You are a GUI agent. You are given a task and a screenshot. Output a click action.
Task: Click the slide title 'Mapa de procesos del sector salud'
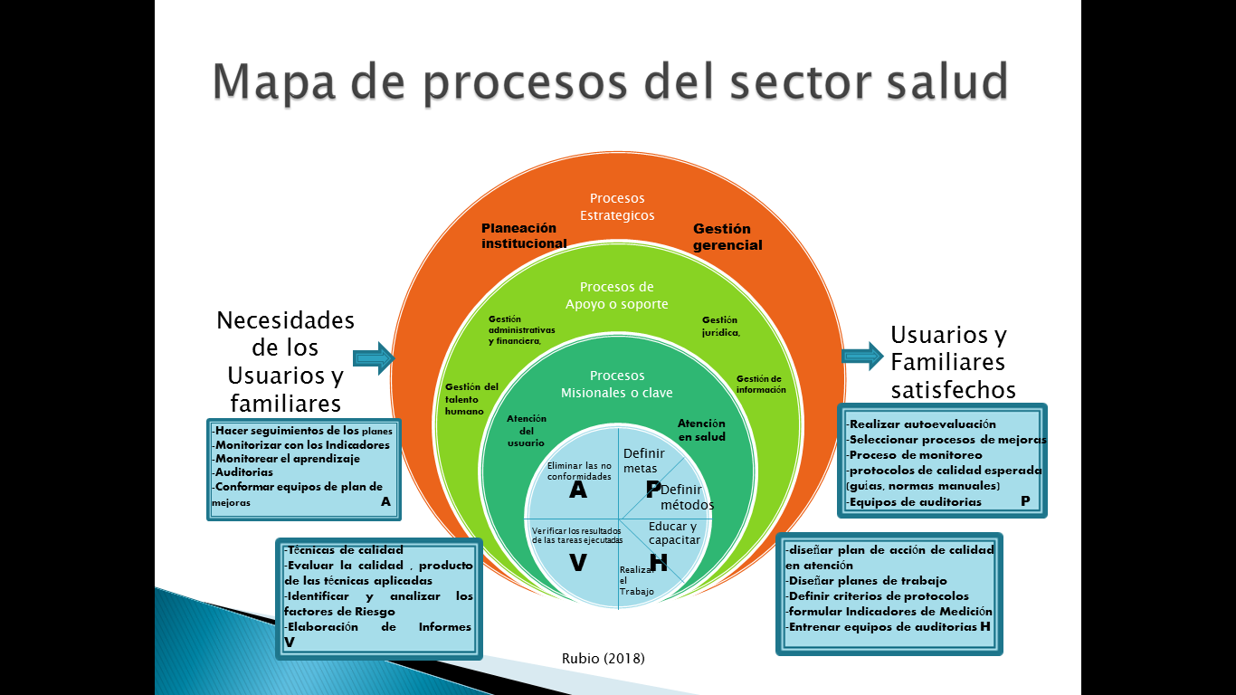610,81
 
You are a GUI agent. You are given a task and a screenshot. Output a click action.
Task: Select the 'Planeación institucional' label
524,235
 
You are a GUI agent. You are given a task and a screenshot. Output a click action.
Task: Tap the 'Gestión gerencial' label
727,237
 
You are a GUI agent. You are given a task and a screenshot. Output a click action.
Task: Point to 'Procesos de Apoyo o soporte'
617,296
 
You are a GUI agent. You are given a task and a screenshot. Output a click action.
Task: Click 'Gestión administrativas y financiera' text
521,330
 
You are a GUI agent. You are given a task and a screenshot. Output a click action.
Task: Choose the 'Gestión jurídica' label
721,326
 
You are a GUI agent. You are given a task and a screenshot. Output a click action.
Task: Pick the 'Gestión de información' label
760,385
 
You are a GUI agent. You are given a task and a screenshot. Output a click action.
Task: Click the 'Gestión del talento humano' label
471,399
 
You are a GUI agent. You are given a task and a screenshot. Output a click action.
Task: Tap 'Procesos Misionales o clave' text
617,384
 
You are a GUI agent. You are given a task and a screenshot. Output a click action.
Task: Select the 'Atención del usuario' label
526,431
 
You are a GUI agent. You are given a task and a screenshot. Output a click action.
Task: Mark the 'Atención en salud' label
701,430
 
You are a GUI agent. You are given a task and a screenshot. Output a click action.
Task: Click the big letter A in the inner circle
577,491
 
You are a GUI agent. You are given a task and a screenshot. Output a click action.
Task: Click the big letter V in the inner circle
577,563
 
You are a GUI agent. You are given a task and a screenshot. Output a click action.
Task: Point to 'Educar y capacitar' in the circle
673,533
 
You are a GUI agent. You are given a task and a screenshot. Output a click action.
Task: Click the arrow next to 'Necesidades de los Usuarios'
374,359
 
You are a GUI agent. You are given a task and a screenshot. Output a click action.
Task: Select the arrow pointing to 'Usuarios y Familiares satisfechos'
862,356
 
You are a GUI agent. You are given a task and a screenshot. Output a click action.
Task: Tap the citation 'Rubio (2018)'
604,659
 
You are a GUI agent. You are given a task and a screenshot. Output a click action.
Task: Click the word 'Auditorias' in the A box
244,472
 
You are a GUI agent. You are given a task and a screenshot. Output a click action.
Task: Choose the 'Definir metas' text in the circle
643,461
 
